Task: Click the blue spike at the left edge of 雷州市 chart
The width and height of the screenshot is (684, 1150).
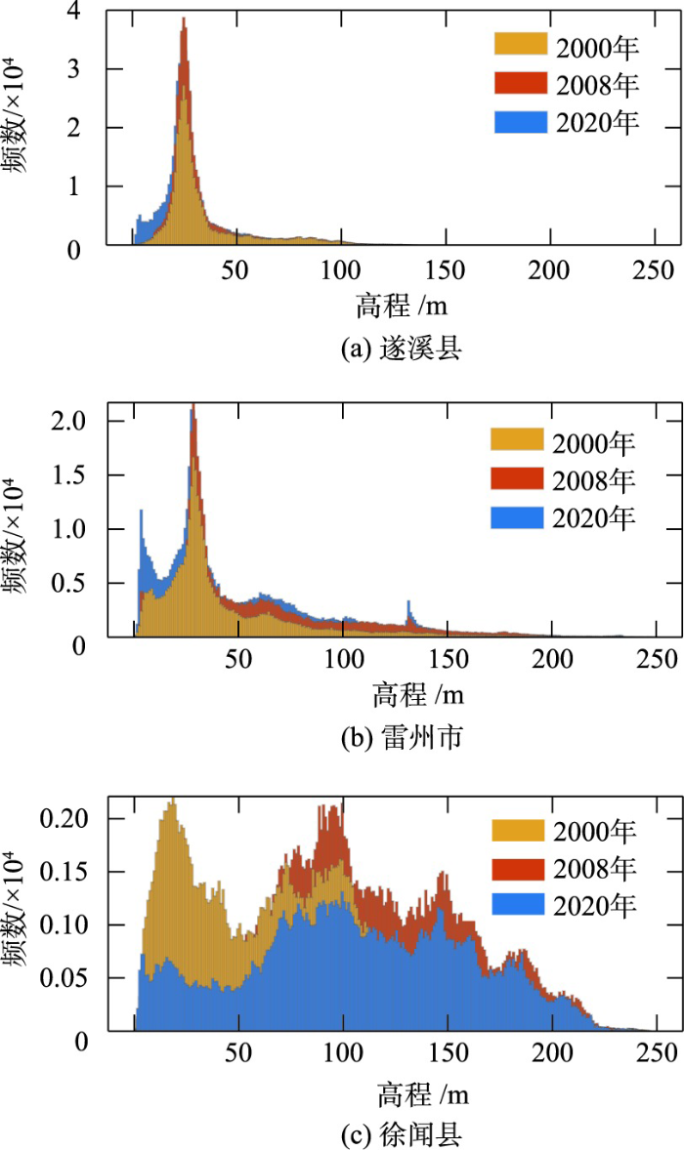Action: pos(142,513)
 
